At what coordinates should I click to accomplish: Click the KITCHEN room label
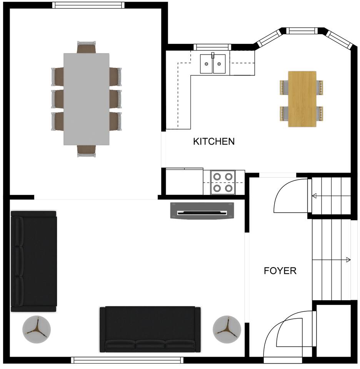pyautogui.click(x=214, y=141)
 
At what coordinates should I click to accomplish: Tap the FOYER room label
pyautogui.click(x=280, y=271)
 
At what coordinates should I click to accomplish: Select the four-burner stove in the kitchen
pyautogui.click(x=223, y=182)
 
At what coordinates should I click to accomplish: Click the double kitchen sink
pyautogui.click(x=213, y=64)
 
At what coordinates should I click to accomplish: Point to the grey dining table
pyautogui.click(x=87, y=99)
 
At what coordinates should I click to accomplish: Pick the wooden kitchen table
pyautogui.click(x=302, y=99)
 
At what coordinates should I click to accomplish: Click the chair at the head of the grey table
pyautogui.click(x=87, y=47)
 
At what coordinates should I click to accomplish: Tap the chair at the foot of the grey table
pyautogui.click(x=87, y=151)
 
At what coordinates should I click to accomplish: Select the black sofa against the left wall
pyautogui.click(x=34, y=261)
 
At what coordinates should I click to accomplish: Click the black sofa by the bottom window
pyautogui.click(x=150, y=329)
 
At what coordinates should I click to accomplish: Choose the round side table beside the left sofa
pyautogui.click(x=37, y=329)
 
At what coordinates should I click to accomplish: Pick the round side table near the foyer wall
pyautogui.click(x=227, y=329)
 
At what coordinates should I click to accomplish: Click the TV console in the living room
pyautogui.click(x=202, y=211)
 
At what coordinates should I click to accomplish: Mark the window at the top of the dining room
pyautogui.click(x=88, y=5)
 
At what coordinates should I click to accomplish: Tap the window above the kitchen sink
pyautogui.click(x=212, y=47)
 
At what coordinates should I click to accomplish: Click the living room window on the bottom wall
pyautogui.click(x=127, y=360)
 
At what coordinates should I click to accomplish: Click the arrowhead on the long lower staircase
pyautogui.click(x=348, y=260)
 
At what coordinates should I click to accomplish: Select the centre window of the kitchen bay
pyautogui.click(x=302, y=31)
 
